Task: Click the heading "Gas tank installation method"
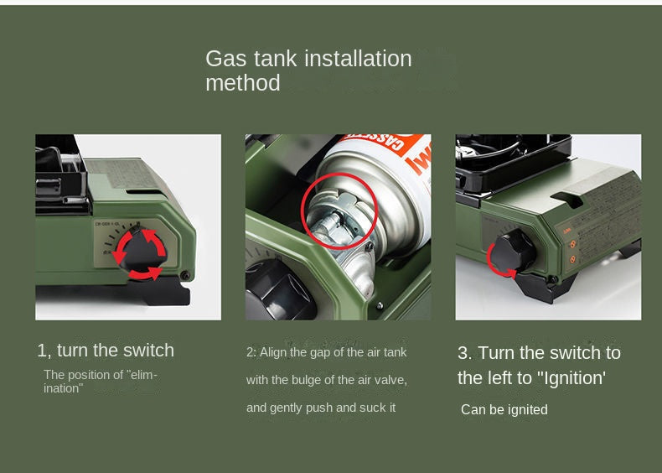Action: (x=308, y=70)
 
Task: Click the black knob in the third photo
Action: (x=513, y=251)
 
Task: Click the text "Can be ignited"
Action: (x=504, y=409)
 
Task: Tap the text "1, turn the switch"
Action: (x=106, y=351)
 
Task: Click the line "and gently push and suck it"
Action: (x=321, y=408)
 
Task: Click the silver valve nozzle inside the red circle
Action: (x=333, y=223)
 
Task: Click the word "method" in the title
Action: (x=243, y=82)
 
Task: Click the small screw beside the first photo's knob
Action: (x=185, y=276)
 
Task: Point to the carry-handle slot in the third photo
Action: (x=567, y=199)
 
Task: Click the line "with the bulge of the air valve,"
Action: (x=327, y=380)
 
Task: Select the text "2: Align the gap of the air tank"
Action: (x=326, y=352)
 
